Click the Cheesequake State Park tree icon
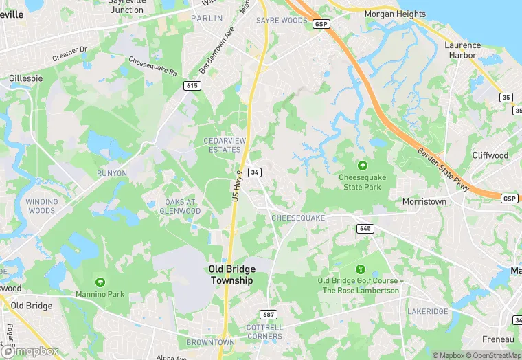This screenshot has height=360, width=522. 362,166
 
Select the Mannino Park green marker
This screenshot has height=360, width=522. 100,282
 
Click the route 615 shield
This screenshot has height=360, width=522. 192,85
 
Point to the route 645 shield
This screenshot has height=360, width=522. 365,228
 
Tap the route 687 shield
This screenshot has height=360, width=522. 269,315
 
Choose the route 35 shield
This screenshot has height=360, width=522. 506,98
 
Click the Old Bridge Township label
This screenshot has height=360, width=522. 231,275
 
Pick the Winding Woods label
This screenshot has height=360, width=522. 42,206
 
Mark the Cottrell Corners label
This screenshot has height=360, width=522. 264,331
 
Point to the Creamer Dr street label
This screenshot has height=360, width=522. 70,54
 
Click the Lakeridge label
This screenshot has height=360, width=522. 427,311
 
